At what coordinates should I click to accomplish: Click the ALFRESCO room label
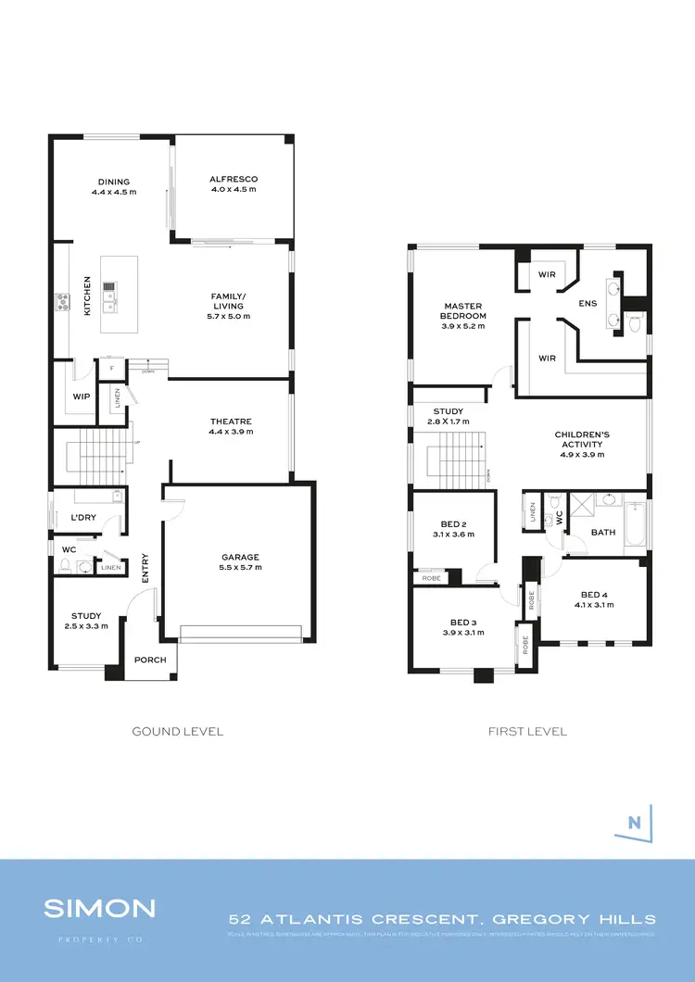(x=233, y=183)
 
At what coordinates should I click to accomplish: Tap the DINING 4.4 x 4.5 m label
(x=114, y=186)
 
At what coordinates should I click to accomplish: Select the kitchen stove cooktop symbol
(x=63, y=299)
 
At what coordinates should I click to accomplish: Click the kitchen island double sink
(x=109, y=299)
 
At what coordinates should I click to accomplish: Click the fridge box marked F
(x=111, y=369)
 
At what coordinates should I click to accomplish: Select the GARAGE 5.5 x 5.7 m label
(x=240, y=562)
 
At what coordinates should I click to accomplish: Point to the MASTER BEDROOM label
(x=463, y=310)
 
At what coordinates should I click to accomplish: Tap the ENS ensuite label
(x=588, y=303)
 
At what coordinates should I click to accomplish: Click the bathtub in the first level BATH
(x=638, y=523)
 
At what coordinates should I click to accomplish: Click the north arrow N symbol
(x=635, y=821)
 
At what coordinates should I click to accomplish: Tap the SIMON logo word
(x=99, y=908)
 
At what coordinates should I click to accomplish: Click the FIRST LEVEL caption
(x=527, y=731)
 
